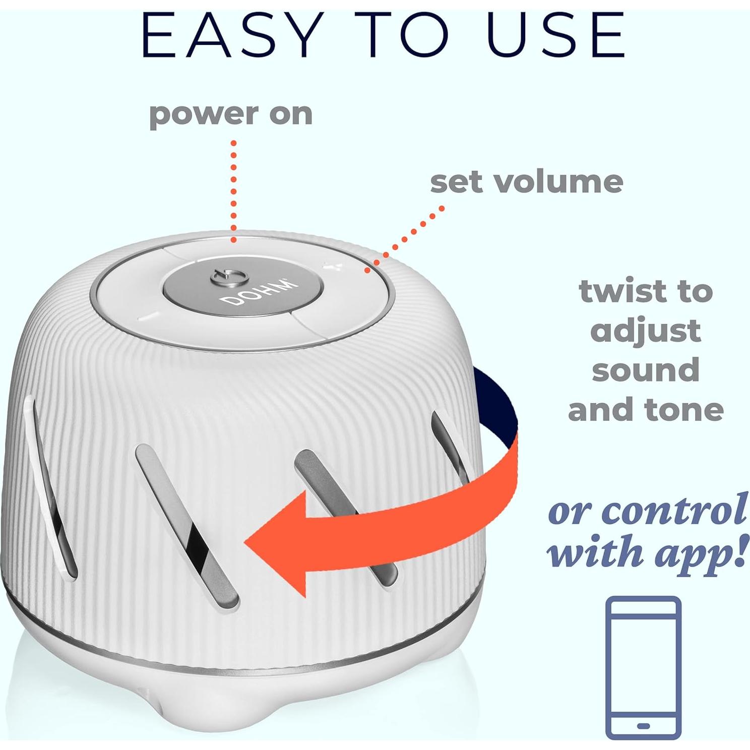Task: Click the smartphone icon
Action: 643,667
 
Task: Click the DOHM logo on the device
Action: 258,292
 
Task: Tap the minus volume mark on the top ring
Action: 150,317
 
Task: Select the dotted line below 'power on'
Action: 233,192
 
